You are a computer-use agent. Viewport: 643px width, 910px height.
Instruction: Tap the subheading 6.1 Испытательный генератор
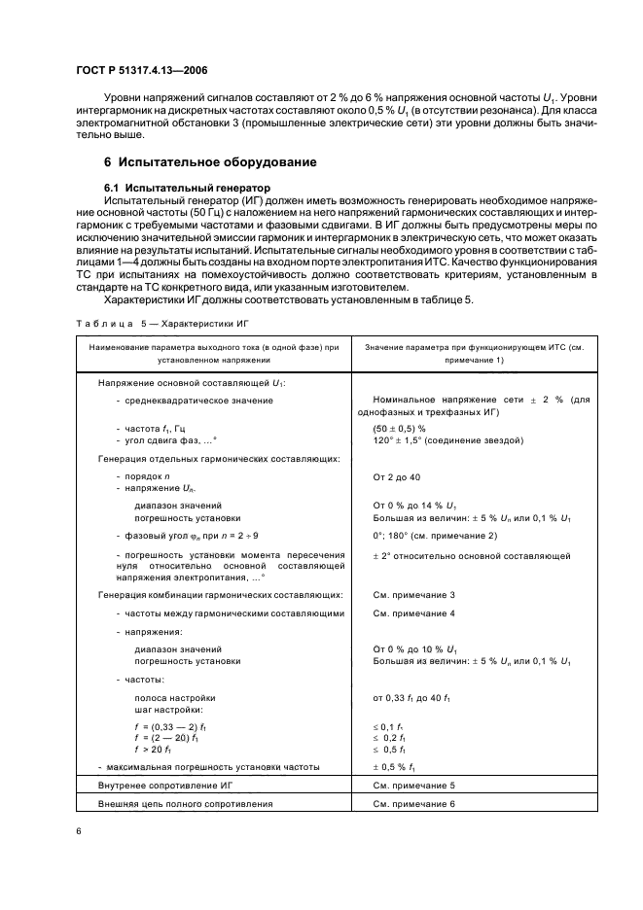pyautogui.click(x=187, y=186)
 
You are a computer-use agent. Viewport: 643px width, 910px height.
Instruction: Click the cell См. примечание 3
pyautogui.click(x=414, y=594)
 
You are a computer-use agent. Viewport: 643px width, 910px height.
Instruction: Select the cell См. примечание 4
pyautogui.click(x=414, y=613)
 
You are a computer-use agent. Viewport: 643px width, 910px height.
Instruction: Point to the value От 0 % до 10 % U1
pyautogui.click(x=416, y=648)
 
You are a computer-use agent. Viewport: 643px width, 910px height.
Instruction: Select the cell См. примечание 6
pyautogui.click(x=414, y=804)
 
